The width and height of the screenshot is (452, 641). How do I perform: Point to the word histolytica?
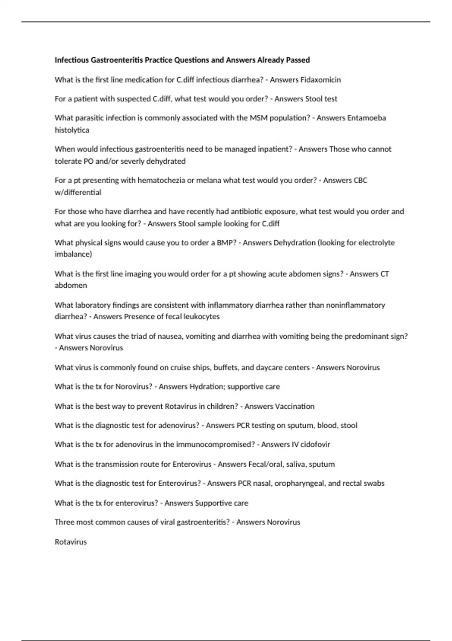[72, 130]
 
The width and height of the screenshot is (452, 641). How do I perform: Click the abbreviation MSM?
[258, 118]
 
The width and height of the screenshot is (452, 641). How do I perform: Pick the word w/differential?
[78, 192]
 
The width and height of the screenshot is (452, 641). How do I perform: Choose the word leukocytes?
[201, 316]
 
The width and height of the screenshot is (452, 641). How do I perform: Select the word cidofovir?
[315, 444]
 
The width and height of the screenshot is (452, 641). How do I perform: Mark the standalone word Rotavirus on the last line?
[71, 542]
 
